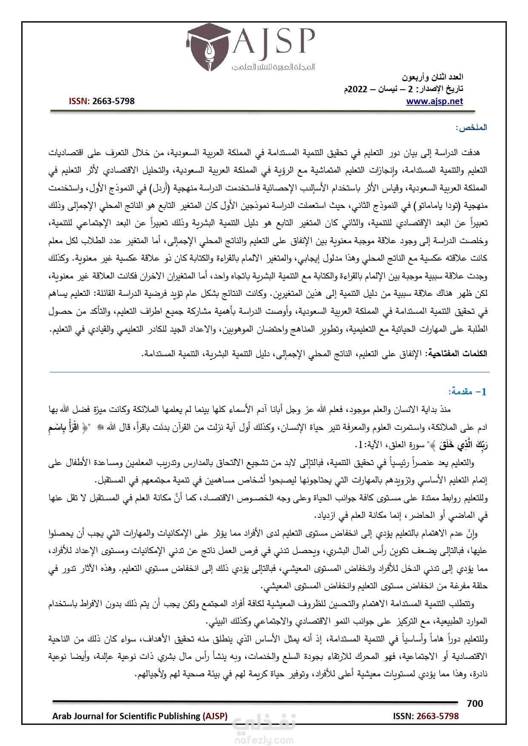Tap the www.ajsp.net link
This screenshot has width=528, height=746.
[x=434, y=101]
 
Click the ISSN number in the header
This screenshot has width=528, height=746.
[x=113, y=101]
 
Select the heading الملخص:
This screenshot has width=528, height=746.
[x=471, y=128]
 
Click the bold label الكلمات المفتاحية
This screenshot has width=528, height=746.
[x=457, y=353]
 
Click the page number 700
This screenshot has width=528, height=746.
[x=475, y=703]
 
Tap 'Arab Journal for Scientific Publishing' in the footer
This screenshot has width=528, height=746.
[x=126, y=716]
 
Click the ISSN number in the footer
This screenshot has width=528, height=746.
[x=437, y=716]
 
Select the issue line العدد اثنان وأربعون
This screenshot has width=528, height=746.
[x=433, y=77]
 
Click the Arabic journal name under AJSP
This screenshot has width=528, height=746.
[x=273, y=67]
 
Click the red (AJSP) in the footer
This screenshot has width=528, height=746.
[x=215, y=716]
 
